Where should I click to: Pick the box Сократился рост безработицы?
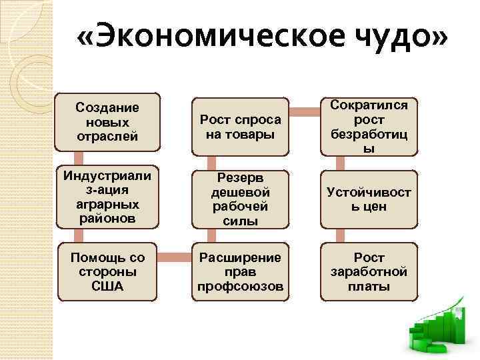tap(369, 126)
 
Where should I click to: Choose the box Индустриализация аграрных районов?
tap(107, 197)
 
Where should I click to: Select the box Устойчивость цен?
tap(369, 199)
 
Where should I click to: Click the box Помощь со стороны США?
tap(107, 272)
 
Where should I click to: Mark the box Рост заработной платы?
tap(369, 272)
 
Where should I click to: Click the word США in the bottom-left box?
tap(107, 287)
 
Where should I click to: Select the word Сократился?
tap(369, 105)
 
